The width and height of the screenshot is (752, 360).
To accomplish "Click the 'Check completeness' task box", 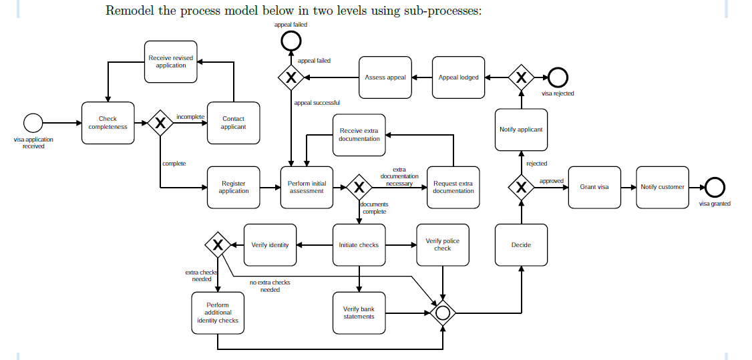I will (108, 123).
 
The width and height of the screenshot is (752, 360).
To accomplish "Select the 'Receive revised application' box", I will (171, 61).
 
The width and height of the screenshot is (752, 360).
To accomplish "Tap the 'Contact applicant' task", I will (233, 123).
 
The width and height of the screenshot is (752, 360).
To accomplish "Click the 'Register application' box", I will (233, 187).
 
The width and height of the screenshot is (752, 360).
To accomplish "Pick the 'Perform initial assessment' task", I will (307, 187).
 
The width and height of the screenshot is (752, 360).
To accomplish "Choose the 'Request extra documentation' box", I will (453, 187).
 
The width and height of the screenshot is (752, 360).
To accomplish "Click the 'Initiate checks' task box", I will (359, 245).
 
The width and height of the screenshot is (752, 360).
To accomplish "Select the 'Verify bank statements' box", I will (359, 313).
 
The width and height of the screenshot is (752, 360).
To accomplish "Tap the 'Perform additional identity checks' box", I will (218, 313).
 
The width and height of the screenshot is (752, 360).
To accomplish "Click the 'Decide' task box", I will (521, 245).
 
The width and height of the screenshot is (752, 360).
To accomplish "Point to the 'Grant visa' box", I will (594, 187).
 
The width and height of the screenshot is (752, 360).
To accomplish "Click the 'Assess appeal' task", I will (385, 77).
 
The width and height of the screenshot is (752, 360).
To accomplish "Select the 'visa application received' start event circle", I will (33, 123).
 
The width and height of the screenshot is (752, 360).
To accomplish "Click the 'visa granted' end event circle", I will (715, 187).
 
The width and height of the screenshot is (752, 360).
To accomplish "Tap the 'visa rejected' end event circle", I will (558, 78).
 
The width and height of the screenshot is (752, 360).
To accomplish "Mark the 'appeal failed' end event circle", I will (291, 41).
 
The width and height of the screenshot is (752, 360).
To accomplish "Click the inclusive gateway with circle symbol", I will (442, 312).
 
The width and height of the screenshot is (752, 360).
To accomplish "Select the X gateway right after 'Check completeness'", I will (160, 123).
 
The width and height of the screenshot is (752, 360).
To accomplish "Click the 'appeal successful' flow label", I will (317, 103).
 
